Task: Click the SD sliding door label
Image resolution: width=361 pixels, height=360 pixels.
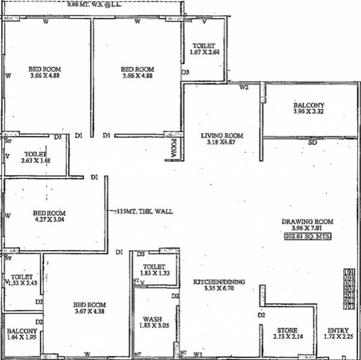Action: pos(312,143)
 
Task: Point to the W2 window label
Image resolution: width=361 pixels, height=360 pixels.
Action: pos(244,88)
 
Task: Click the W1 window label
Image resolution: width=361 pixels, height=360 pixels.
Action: pos(199,355)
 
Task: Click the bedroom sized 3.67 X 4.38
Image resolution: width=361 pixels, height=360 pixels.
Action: pos(89,308)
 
